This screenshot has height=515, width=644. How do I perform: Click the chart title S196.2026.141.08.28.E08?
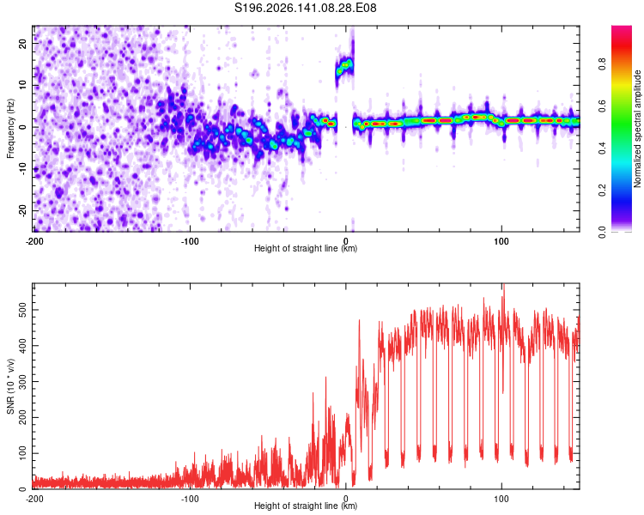tap(305, 8)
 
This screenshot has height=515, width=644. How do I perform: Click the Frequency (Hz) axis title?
tap(10, 129)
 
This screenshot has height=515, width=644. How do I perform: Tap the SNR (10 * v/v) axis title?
tap(10, 386)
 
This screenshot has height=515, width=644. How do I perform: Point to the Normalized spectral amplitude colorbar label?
tap(637, 129)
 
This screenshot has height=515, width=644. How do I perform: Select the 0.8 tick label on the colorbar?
tap(602, 64)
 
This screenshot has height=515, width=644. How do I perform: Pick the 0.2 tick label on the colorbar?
tap(602, 191)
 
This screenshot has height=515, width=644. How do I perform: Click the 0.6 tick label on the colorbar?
tap(602, 106)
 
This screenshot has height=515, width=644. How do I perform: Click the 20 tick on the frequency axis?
tap(22, 43)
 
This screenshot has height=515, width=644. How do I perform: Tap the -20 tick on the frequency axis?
tap(22, 211)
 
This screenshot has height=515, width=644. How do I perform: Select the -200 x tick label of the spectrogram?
tap(34, 241)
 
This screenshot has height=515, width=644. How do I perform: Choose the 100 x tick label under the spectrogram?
tap(501, 241)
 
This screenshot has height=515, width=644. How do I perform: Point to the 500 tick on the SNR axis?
tap(22, 310)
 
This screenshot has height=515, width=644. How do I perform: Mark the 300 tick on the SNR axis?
tap(22, 381)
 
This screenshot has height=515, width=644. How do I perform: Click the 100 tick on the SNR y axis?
tap(22, 453)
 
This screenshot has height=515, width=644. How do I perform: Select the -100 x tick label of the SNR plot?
tap(190, 499)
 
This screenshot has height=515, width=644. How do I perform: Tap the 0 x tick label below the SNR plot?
tap(346, 499)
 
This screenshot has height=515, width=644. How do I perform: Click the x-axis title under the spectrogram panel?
tap(306, 248)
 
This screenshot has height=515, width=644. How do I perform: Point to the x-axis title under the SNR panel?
tap(306, 506)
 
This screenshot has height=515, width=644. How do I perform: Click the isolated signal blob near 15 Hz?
tap(344, 67)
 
